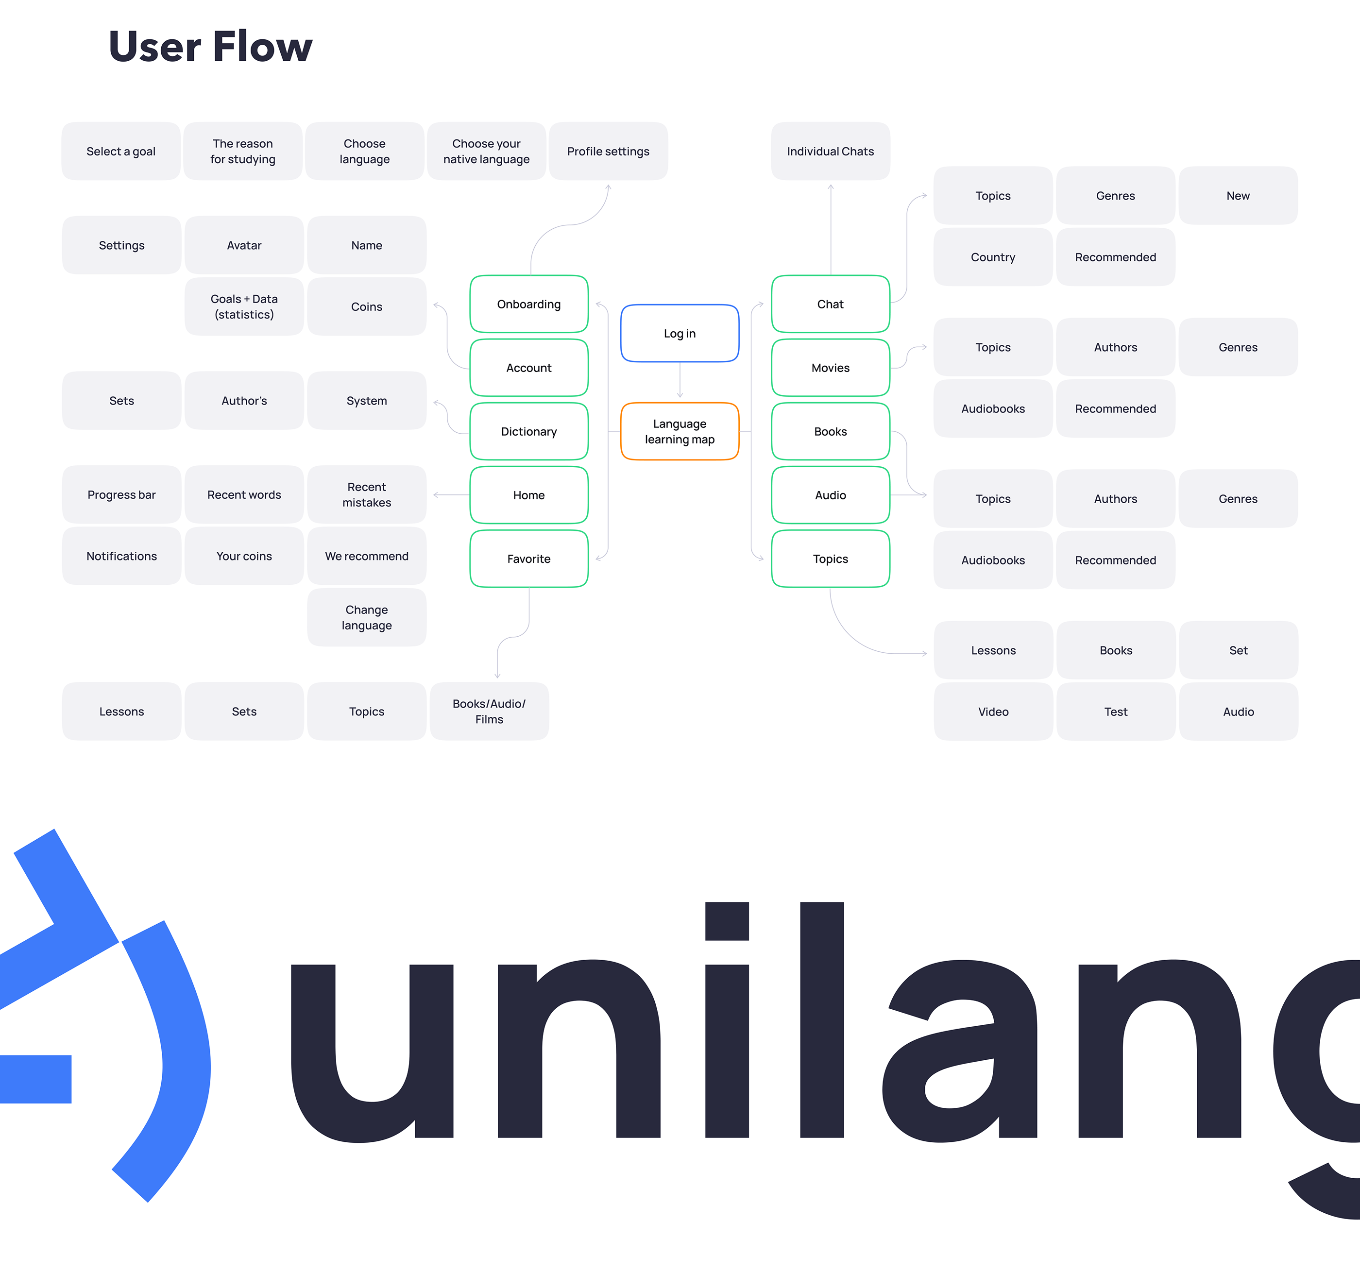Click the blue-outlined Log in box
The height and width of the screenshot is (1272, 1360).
click(x=680, y=333)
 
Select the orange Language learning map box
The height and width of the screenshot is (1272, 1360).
click(x=680, y=431)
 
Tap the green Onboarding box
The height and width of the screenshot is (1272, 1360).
click(x=529, y=304)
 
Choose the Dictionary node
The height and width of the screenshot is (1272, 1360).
click(x=529, y=431)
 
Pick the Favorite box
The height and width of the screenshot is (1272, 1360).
click(x=529, y=559)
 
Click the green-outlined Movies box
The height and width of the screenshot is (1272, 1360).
click(x=830, y=368)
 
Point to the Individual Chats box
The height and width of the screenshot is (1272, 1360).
click(x=830, y=151)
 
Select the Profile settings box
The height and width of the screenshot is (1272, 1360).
click(x=608, y=151)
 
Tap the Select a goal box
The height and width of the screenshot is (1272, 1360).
click(x=121, y=151)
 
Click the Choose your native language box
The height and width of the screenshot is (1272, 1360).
click(x=486, y=151)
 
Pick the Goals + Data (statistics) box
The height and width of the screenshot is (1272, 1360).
click(x=244, y=306)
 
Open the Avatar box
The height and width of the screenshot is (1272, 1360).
click(x=244, y=245)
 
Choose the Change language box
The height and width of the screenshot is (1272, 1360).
click(x=367, y=617)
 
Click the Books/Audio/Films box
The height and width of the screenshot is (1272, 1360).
click(x=489, y=711)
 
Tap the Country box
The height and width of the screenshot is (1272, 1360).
click(x=993, y=257)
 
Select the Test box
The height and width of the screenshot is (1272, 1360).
click(x=1116, y=712)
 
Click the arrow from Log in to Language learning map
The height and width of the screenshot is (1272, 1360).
click(x=680, y=380)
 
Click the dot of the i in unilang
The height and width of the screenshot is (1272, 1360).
click(x=727, y=921)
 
